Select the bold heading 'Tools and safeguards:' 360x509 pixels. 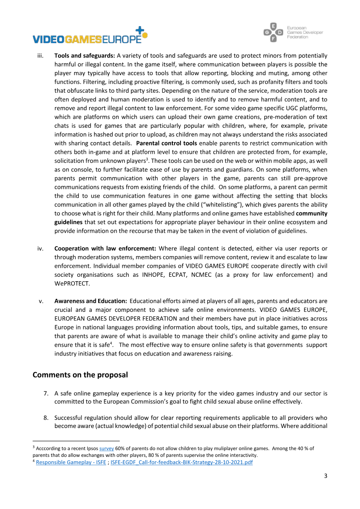coord(85,56)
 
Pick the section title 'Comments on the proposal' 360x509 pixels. coord(80,375)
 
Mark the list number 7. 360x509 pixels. coord(46,393)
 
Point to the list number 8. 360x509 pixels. coord(46,417)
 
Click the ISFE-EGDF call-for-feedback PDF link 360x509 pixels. coord(181,462)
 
